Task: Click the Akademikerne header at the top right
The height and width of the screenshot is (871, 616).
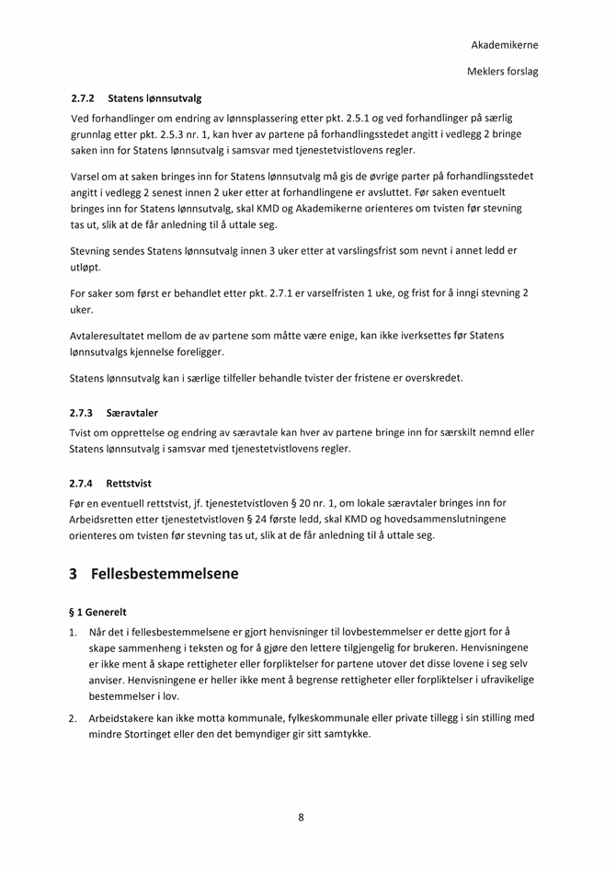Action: (x=504, y=44)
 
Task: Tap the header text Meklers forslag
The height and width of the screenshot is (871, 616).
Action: (x=503, y=71)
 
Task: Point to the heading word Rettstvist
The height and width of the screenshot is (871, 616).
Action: (x=129, y=482)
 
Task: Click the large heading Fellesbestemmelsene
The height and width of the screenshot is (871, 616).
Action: (x=165, y=574)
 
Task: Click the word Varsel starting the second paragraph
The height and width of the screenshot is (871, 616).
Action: (x=86, y=176)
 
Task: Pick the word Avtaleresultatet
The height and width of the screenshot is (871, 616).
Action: (x=108, y=335)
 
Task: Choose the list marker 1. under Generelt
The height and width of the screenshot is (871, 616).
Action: (x=74, y=632)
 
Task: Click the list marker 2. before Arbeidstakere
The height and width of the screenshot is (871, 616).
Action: (x=74, y=717)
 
